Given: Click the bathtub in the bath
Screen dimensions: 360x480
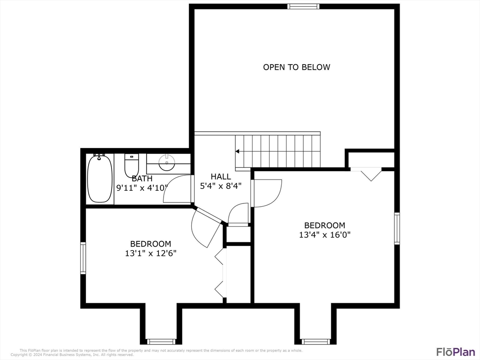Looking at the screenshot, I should click(x=100, y=178).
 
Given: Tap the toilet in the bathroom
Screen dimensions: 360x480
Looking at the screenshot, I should click(x=131, y=166).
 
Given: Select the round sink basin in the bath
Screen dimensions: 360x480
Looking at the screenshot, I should click(x=166, y=164).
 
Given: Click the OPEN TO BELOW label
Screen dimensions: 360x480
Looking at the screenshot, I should click(x=296, y=67).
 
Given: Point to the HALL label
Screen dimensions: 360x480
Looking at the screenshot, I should click(x=220, y=177).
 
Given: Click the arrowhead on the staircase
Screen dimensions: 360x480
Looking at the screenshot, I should click(x=238, y=151).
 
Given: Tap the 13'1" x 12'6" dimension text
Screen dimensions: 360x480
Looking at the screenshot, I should click(x=150, y=253).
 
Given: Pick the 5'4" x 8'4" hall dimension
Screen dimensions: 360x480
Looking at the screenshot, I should click(x=220, y=186).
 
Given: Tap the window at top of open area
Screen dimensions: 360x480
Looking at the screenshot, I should click(x=303, y=7).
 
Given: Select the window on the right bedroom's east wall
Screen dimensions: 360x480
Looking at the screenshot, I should click(x=397, y=228).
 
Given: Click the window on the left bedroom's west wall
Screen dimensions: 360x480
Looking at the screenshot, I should click(x=83, y=258).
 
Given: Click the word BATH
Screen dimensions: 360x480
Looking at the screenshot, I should click(x=142, y=179).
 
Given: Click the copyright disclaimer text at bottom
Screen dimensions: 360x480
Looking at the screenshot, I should click(x=155, y=352).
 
